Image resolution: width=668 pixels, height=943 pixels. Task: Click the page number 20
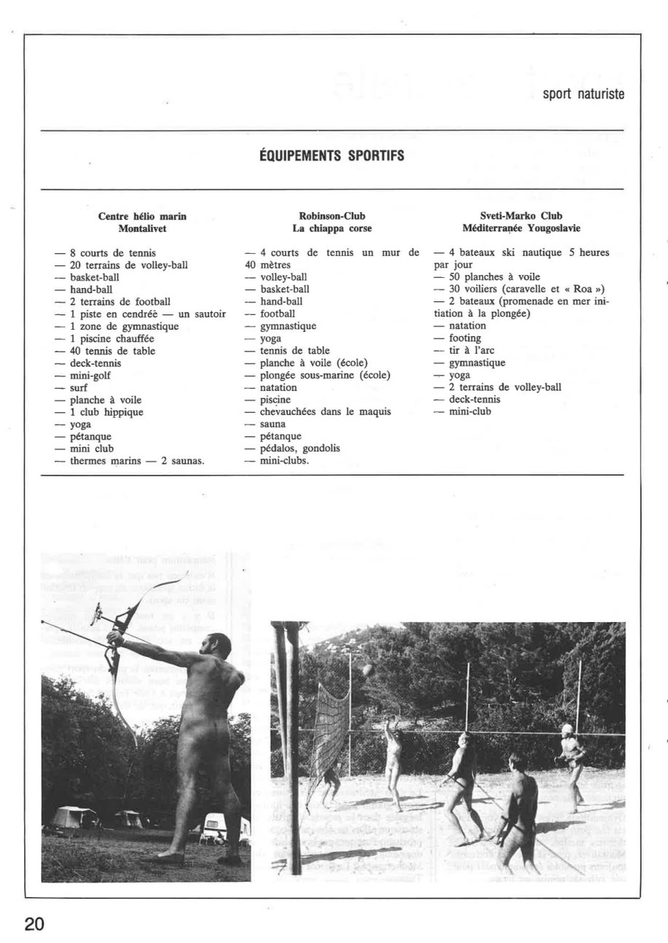tap(34, 924)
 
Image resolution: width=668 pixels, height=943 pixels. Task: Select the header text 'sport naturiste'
tap(583, 95)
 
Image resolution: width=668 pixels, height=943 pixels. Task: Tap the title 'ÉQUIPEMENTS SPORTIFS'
tap(332, 156)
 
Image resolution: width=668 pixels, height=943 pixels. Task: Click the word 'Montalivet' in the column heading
tap(142, 228)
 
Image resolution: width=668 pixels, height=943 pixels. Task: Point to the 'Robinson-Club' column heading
tap(332, 216)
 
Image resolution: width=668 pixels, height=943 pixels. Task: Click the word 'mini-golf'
tap(90, 376)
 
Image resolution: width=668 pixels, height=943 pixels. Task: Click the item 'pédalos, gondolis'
tap(300, 449)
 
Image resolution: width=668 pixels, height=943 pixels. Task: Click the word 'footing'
tap(465, 338)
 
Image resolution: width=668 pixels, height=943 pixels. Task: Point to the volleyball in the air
tap(368, 670)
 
